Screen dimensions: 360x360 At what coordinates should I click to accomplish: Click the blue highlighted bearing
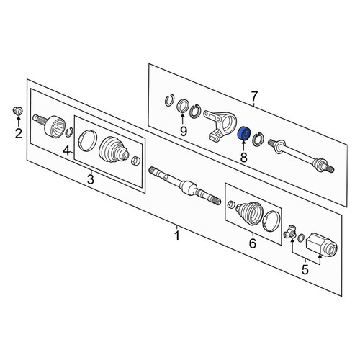(244, 133)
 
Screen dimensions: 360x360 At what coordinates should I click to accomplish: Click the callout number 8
(243, 157)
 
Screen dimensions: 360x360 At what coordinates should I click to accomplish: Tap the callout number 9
(184, 131)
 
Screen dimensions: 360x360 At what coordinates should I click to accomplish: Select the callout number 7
(254, 96)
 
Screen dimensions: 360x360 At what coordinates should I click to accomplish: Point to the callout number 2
(19, 133)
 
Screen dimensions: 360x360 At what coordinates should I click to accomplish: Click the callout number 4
(67, 150)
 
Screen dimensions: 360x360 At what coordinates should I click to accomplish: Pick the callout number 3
(91, 179)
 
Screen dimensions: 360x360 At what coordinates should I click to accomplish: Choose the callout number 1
(177, 235)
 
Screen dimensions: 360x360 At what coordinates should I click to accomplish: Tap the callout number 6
(253, 243)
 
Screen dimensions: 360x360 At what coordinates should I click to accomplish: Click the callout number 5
(305, 270)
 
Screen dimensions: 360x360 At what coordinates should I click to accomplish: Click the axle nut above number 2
(18, 110)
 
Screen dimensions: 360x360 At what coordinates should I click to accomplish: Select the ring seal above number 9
(183, 105)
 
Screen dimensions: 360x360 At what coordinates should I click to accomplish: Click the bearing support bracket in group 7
(220, 125)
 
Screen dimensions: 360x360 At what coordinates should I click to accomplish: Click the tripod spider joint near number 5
(290, 232)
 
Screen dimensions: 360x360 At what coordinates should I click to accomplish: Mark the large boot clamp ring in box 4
(87, 140)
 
